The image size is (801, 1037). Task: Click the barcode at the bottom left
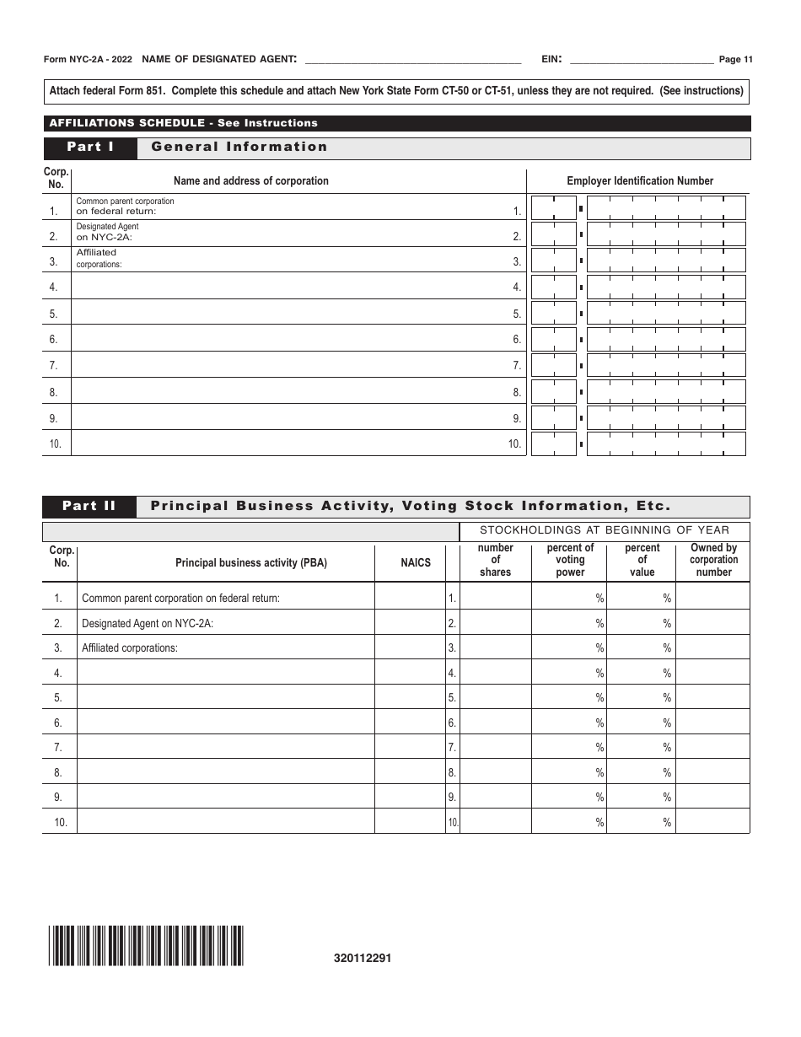click(146, 945)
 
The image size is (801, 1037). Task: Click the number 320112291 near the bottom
click(363, 959)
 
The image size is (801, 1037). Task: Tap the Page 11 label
click(735, 59)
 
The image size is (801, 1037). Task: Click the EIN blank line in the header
click(642, 60)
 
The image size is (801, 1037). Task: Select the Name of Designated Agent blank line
click(411, 60)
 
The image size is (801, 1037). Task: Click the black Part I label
click(90, 148)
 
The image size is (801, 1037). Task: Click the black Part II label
click(89, 507)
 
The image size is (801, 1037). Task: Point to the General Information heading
click(239, 148)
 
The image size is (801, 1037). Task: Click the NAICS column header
click(416, 562)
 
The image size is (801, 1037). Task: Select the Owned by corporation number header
click(713, 560)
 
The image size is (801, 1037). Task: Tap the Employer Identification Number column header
click(639, 180)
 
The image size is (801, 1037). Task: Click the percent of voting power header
click(570, 560)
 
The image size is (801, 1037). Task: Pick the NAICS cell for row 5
click(410, 697)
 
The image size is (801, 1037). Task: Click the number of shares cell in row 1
click(496, 598)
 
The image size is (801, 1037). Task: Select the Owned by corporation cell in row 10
click(712, 822)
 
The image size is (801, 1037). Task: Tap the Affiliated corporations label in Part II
click(130, 647)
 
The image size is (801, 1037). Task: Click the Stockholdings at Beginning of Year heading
click(604, 530)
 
